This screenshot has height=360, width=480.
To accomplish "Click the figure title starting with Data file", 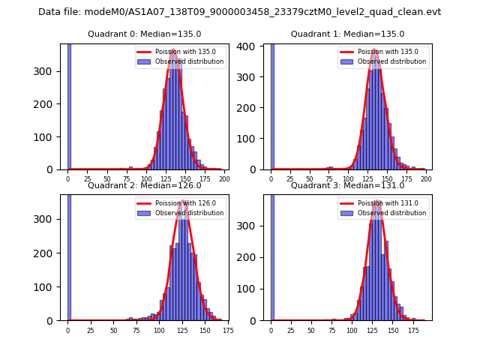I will [x=239, y=12].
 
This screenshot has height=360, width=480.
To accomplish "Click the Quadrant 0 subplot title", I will [x=144, y=34].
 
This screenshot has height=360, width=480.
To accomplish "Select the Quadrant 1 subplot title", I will [x=347, y=34].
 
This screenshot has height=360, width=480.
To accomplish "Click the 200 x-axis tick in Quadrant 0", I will [x=224, y=179].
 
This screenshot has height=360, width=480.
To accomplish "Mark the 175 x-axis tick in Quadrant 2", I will [x=223, y=330].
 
